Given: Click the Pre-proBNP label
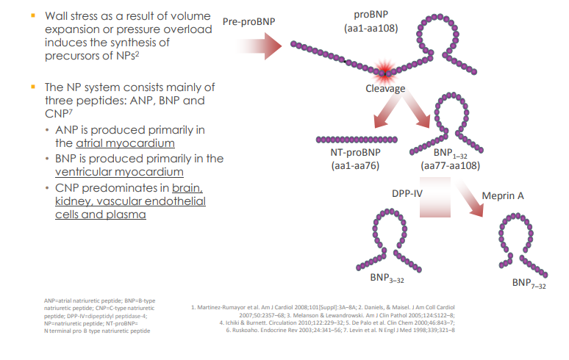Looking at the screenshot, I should coord(248,21).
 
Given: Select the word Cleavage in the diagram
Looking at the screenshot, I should coord(385,88).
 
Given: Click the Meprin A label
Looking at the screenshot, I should coord(503,196).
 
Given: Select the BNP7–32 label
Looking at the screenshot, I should coord(529,284).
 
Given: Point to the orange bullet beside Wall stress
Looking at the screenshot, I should coord(33,15).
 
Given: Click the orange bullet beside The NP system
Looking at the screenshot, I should coord(33,86).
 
